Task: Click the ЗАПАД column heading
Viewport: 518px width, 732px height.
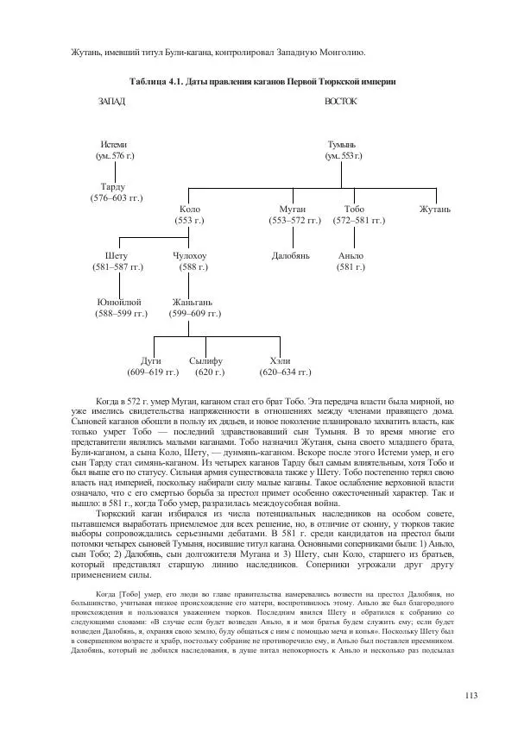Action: click(x=112, y=103)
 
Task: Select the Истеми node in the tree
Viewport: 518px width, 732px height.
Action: click(x=113, y=144)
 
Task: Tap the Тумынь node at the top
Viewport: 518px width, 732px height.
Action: click(x=342, y=144)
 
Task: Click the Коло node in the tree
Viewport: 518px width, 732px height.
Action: click(x=189, y=210)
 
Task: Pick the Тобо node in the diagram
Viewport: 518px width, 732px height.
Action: click(x=354, y=210)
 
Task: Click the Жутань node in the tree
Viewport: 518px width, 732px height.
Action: click(x=435, y=210)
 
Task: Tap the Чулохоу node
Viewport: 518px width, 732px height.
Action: click(x=189, y=256)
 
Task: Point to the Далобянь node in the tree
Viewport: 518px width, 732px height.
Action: click(x=290, y=256)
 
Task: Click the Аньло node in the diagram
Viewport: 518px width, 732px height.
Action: click(x=351, y=256)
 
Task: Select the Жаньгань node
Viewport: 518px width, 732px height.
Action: click(x=190, y=303)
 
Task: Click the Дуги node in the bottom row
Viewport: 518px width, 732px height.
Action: click(x=151, y=360)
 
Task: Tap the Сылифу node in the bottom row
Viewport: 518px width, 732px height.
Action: click(x=206, y=360)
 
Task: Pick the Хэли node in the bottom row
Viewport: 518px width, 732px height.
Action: click(x=280, y=360)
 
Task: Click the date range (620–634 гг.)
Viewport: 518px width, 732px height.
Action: click(x=285, y=372)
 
